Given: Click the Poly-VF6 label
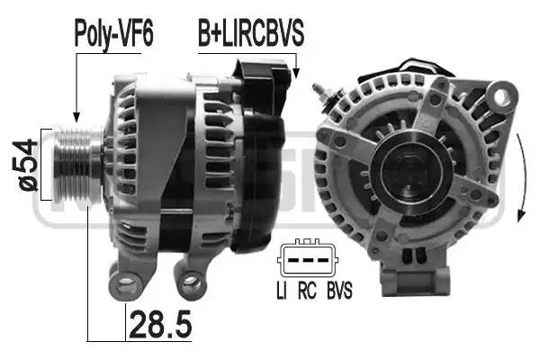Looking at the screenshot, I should [x=112, y=34].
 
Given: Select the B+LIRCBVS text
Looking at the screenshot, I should [x=250, y=34].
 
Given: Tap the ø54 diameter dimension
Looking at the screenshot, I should [x=28, y=164].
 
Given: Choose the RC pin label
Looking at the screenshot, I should [x=308, y=291].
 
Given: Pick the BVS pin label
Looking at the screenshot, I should [x=338, y=291].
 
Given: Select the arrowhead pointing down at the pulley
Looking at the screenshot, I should [x=76, y=117].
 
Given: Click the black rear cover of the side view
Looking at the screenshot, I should [x=265, y=171].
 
